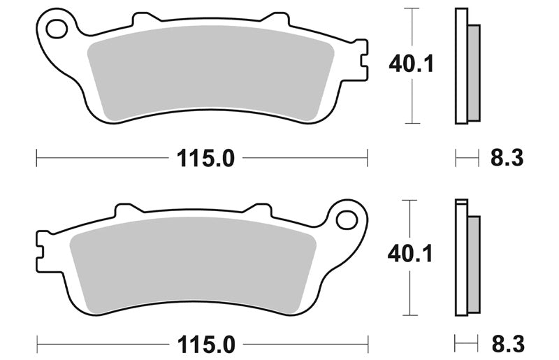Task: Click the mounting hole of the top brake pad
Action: (57, 29)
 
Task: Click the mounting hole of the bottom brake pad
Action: (347, 219)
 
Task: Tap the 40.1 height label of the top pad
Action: (411, 64)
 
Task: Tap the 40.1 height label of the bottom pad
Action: (410, 254)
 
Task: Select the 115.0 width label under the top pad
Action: (205, 158)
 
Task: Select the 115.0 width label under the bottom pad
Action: (206, 345)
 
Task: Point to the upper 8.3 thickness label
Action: (507, 158)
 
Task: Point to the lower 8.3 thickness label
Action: (508, 345)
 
